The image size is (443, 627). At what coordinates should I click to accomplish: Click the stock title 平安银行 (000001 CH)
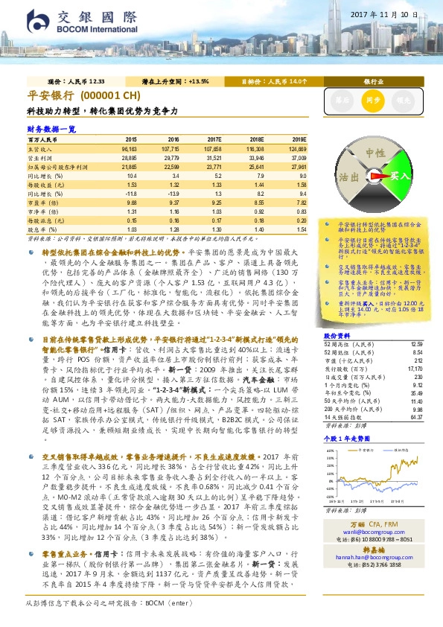[x=83, y=96]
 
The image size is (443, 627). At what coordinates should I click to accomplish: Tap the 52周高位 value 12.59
[x=416, y=343]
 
